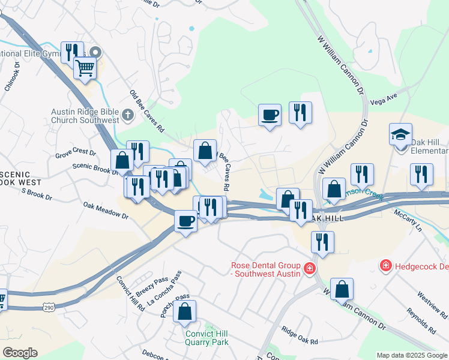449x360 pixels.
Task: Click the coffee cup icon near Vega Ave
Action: click(x=270, y=115)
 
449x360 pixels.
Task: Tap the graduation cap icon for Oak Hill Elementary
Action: click(x=400, y=134)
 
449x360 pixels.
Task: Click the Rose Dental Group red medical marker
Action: click(x=309, y=268)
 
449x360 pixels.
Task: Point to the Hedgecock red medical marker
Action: click(x=385, y=265)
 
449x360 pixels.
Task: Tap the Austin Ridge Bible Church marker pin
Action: click(x=127, y=115)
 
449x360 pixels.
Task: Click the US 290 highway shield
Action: click(x=49, y=307)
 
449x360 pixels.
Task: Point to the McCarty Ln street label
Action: click(x=408, y=220)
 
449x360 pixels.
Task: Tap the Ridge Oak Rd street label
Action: click(x=300, y=336)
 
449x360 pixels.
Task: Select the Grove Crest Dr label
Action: click(x=75, y=154)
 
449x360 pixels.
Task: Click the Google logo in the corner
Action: click(x=20, y=353)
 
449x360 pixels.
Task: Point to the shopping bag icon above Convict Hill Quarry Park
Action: click(x=185, y=311)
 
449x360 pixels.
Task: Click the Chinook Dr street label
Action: click(x=13, y=76)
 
